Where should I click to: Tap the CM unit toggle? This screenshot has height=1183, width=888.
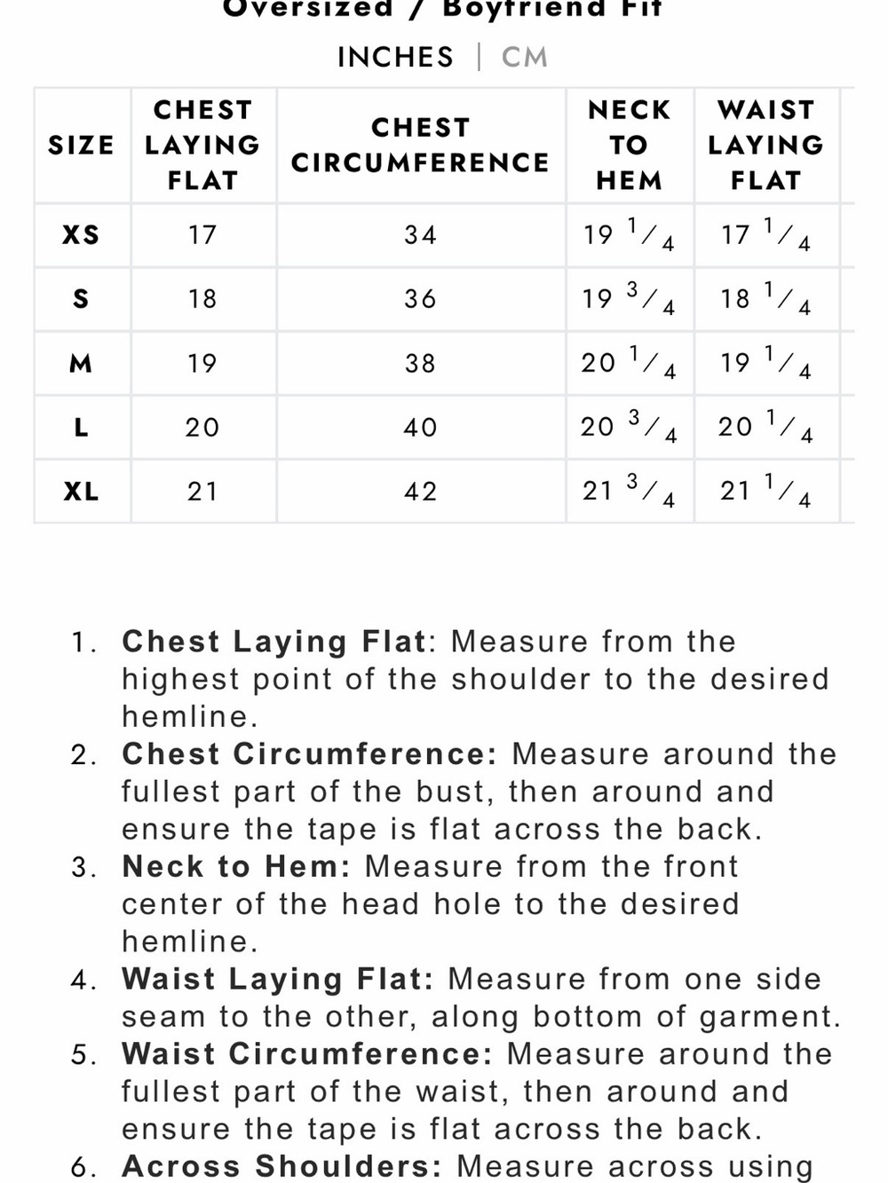point(524,57)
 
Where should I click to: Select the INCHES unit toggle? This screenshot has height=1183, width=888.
point(395,57)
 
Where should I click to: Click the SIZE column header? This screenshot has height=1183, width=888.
point(82,146)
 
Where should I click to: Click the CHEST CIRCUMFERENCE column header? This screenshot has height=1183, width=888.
point(421,146)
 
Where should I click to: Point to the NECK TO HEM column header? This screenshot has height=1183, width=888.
point(629,146)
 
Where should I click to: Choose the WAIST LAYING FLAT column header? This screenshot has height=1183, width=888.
point(765,146)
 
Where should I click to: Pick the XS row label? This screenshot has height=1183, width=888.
point(82,235)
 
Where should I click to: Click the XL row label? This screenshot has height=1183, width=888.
point(82,492)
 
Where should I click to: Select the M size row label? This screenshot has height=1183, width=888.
point(81,363)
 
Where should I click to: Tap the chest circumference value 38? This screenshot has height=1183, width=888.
point(421,363)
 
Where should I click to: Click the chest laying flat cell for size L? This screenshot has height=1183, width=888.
point(202,428)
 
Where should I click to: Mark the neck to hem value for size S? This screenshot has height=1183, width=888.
point(629,298)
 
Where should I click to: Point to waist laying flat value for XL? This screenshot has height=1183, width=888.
point(765,492)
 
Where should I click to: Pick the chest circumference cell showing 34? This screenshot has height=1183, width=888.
point(421,235)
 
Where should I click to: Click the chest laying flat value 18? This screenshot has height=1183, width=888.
point(202,298)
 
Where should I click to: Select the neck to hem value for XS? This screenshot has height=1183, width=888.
point(629,235)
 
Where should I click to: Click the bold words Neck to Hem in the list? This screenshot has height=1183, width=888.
point(236,867)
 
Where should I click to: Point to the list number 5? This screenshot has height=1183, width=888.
point(83,1054)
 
